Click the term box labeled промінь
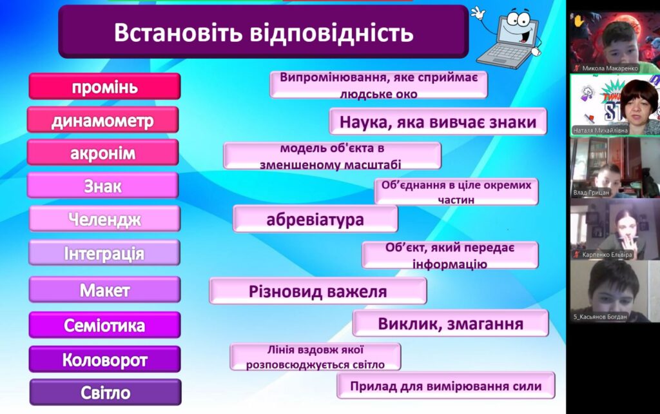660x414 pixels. point(105,86)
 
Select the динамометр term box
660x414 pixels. point(102,120)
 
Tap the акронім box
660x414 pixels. point(102,152)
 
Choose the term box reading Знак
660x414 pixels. point(102,185)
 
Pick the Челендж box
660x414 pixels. point(105,219)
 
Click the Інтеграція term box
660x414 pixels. point(104,253)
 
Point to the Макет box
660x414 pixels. point(105,290)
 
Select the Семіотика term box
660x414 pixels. point(105,325)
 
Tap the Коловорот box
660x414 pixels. point(105,359)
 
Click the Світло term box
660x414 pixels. point(106,392)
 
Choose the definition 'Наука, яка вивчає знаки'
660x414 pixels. point(438,121)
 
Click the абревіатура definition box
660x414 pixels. point(315,219)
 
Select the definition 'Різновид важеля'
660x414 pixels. point(318,291)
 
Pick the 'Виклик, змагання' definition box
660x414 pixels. point(451,324)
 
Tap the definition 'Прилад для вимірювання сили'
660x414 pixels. point(446,386)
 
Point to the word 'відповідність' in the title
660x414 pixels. point(332,32)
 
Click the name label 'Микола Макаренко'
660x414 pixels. point(610,68)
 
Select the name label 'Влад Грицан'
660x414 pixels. point(591,192)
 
